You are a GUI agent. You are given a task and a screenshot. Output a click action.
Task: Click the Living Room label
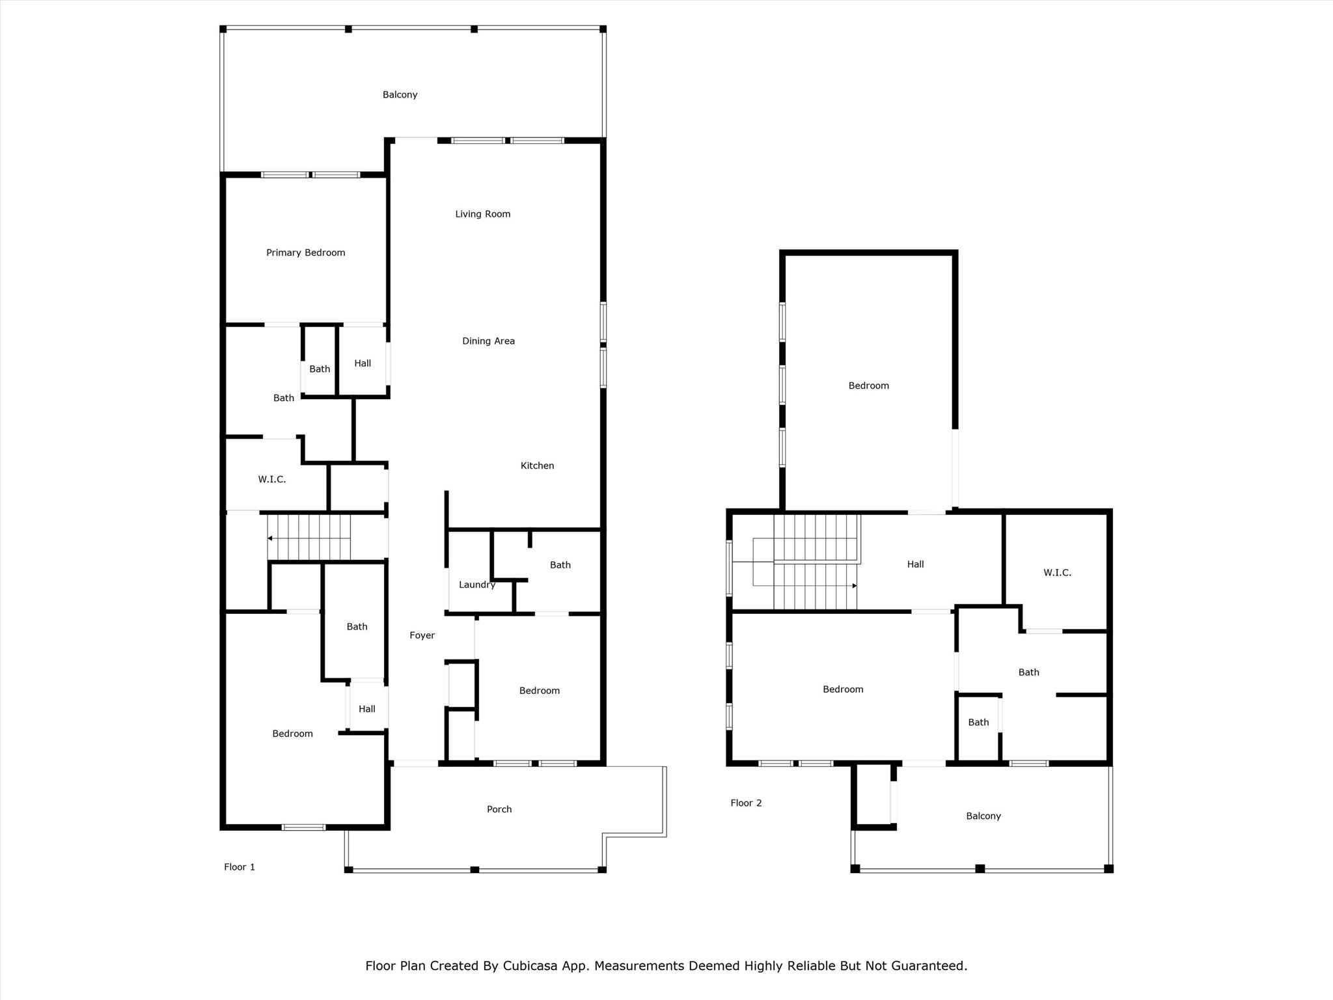click(x=482, y=214)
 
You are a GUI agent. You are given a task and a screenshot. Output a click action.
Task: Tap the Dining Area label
click(x=488, y=341)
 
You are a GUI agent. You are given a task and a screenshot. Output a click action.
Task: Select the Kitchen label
click(x=537, y=465)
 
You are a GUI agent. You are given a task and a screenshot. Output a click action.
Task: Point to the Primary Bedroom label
click(x=305, y=253)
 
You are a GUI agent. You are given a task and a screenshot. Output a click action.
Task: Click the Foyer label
click(x=422, y=635)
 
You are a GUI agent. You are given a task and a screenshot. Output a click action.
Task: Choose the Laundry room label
click(x=476, y=585)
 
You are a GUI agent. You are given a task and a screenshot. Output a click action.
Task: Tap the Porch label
click(x=499, y=809)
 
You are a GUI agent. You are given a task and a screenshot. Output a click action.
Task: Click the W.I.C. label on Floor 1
click(x=271, y=479)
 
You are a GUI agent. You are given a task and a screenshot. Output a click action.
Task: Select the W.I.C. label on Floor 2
click(x=1057, y=573)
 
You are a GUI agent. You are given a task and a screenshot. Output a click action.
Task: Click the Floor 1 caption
click(x=240, y=867)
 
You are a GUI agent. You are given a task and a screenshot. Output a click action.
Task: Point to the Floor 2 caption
click(x=746, y=803)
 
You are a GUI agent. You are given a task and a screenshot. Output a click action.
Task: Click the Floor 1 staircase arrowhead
click(x=270, y=538)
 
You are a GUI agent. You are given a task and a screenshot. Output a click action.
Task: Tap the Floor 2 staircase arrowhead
click(x=854, y=586)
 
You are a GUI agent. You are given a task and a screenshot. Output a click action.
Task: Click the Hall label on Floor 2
click(x=915, y=564)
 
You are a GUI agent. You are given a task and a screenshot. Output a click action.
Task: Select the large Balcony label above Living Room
click(x=400, y=95)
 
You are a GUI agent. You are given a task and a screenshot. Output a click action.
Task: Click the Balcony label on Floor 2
click(x=983, y=816)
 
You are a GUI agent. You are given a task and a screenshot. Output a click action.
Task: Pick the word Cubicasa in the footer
click(x=530, y=966)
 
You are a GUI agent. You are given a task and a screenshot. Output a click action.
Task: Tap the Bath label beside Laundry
click(x=560, y=565)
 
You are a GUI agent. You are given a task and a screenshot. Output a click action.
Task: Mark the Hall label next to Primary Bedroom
click(x=363, y=363)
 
